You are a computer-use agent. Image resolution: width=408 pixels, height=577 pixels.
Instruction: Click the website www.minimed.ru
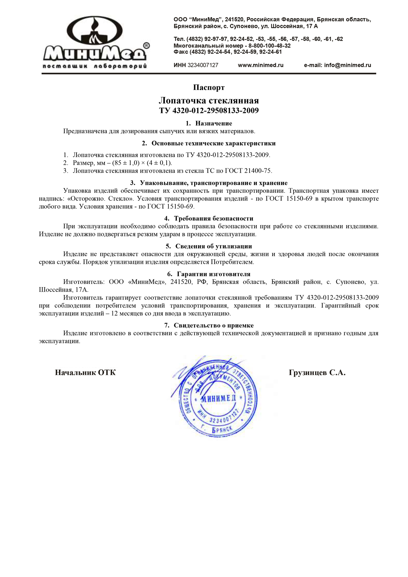click(x=260, y=65)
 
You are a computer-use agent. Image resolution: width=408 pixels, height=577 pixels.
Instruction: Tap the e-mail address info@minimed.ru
click(x=347, y=65)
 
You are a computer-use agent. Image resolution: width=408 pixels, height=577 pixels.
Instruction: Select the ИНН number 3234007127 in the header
click(x=203, y=65)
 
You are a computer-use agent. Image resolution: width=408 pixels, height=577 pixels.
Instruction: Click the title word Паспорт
click(x=209, y=88)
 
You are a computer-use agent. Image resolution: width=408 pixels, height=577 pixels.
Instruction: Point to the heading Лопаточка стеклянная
click(x=209, y=101)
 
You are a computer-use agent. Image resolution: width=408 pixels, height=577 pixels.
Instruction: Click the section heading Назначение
click(x=214, y=123)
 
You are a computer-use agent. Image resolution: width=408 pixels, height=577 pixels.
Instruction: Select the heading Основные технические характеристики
click(x=214, y=143)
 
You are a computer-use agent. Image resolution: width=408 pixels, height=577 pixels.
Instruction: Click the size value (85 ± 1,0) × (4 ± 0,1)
click(x=142, y=163)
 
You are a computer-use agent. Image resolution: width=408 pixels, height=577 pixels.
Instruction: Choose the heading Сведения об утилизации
click(x=214, y=247)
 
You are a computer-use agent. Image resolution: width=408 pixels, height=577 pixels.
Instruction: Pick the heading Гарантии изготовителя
click(x=214, y=274)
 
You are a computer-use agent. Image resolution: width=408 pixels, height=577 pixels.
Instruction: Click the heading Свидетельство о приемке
click(x=214, y=326)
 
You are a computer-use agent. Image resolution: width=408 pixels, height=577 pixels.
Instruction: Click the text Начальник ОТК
click(x=85, y=373)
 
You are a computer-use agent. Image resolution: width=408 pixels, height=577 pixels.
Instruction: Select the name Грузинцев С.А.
click(x=317, y=373)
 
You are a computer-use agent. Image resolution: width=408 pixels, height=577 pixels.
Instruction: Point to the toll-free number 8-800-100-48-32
click(x=269, y=46)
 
